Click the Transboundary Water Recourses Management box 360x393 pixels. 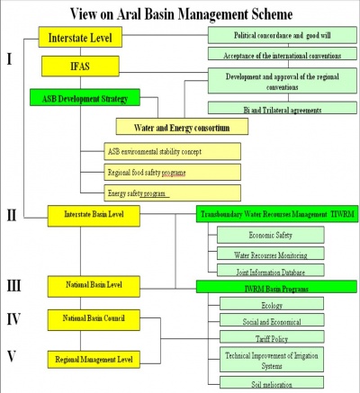(275, 215)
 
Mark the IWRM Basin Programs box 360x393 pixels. (275, 287)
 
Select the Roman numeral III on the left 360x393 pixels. (15, 285)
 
